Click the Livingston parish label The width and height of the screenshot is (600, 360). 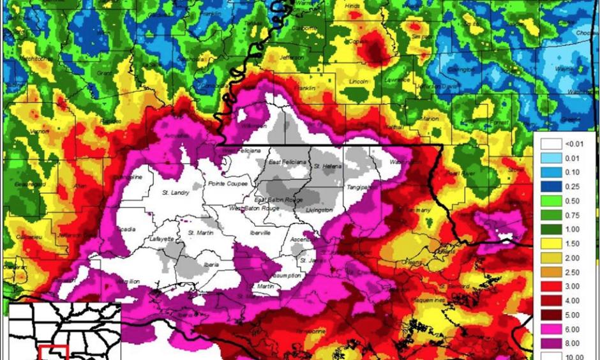tap(319, 210)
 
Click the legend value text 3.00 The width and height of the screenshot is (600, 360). tap(571, 287)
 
